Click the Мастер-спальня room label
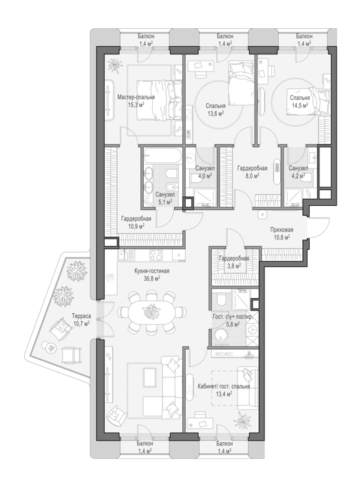(136, 98)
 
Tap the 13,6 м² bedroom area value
(215, 113)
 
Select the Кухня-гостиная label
(151, 271)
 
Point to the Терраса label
(81, 316)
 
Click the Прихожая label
(282, 230)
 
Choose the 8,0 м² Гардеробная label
(252, 169)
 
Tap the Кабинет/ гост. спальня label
(224, 387)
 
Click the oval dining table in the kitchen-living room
(151, 313)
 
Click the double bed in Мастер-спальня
(158, 101)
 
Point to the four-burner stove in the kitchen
(156, 255)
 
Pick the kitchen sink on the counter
(126, 255)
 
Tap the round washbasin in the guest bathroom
(220, 335)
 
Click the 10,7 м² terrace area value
(81, 324)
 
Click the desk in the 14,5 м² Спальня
(264, 71)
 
